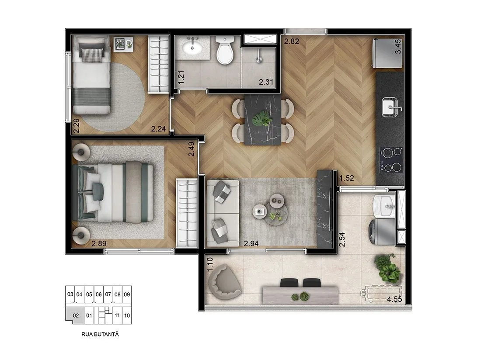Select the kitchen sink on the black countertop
pos(390,107)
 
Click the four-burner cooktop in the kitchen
pos(391,159)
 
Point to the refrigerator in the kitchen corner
pos(387,53)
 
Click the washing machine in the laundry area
pos(383,231)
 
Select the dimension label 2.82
pos(291,42)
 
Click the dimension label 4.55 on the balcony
pos(394,299)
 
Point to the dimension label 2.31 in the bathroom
pos(266,82)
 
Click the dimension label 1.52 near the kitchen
pos(347,178)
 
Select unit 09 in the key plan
pos(127,294)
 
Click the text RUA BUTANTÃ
pos(100,335)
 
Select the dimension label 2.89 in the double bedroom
pos(99,244)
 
